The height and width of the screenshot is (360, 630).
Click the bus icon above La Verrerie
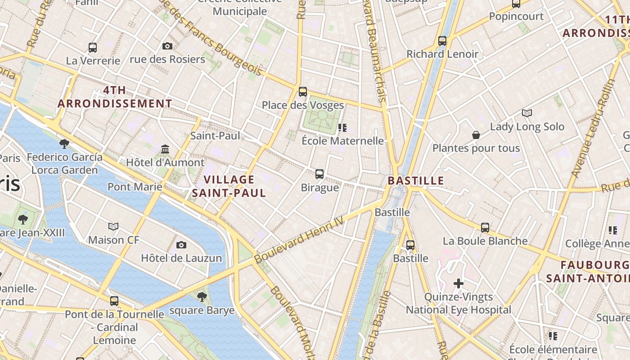pyautogui.click(x=93, y=47)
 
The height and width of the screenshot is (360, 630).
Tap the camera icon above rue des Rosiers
pyautogui.click(x=167, y=46)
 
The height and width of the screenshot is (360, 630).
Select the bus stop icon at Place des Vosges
pyautogui.click(x=303, y=92)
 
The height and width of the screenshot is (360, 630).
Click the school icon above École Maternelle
pyautogui.click(x=342, y=128)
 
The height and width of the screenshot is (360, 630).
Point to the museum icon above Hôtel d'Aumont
pyautogui.click(x=165, y=149)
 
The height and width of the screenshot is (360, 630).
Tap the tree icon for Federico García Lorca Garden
pyautogui.click(x=64, y=144)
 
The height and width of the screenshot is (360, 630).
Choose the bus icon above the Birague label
pyautogui.click(x=319, y=174)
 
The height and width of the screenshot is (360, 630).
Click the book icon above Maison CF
pyautogui.click(x=113, y=226)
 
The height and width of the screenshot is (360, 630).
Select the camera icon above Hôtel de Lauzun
pyautogui.click(x=181, y=245)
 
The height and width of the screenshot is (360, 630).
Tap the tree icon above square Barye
pyautogui.click(x=202, y=297)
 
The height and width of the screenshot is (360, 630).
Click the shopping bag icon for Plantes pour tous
pyautogui.click(x=476, y=135)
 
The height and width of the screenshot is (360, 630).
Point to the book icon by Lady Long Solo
pyautogui.click(x=526, y=113)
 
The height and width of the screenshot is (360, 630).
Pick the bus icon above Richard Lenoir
pyautogui.click(x=442, y=41)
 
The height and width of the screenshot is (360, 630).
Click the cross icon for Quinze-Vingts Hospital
pyautogui.click(x=459, y=283)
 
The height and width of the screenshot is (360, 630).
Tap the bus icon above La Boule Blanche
pyautogui.click(x=485, y=228)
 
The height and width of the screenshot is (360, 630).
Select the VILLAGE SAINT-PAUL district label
pyautogui.click(x=229, y=186)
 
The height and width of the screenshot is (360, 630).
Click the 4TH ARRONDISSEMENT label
pyautogui.click(x=115, y=97)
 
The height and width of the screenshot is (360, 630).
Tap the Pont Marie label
pyautogui.click(x=135, y=186)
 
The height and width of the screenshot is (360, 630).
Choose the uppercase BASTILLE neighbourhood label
pyautogui.click(x=416, y=181)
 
